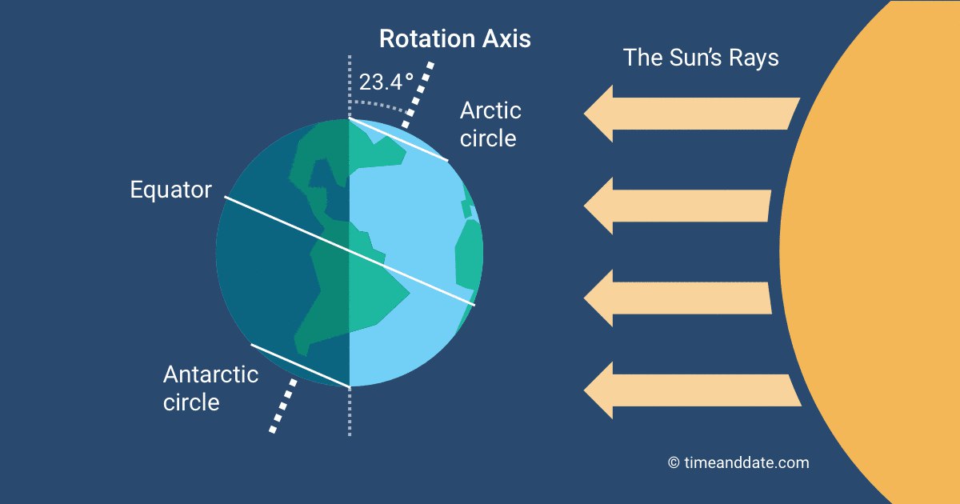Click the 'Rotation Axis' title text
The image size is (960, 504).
pyautogui.click(x=455, y=38)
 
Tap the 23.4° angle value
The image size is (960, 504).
pyautogui.click(x=386, y=82)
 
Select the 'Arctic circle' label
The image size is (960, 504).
pyautogui.click(x=490, y=124)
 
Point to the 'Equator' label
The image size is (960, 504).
pyautogui.click(x=170, y=190)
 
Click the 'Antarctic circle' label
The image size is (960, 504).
pyautogui.click(x=210, y=388)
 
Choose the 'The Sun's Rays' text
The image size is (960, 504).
pyautogui.click(x=701, y=58)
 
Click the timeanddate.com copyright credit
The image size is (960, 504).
pyautogui.click(x=738, y=462)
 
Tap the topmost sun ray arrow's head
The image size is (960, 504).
pyautogui.click(x=598, y=114)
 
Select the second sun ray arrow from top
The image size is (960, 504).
pyautogui.click(x=677, y=206)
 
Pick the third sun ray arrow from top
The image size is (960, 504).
pyautogui.click(x=677, y=298)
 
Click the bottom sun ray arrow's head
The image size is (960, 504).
pyautogui.click(x=598, y=390)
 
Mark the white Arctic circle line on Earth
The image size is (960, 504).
pyautogui.click(x=398, y=140)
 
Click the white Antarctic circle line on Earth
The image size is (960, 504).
pyautogui.click(x=301, y=366)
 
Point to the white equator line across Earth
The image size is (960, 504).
pyautogui.click(x=350, y=251)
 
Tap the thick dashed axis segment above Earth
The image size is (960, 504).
pyautogui.click(x=418, y=95)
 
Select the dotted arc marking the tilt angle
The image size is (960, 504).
pyautogui.click(x=379, y=105)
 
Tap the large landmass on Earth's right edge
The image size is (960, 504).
pyautogui.click(x=469, y=255)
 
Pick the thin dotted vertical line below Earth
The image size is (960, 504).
pyautogui.click(x=350, y=412)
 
